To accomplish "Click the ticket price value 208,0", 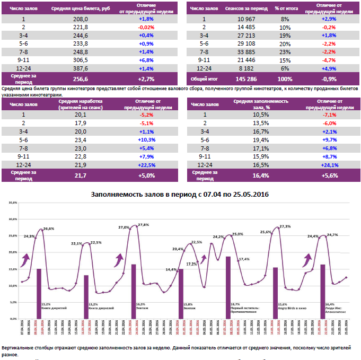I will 80,19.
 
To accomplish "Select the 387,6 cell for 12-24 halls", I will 81,68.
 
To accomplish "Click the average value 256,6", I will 81,78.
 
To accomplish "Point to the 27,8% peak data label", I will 143,225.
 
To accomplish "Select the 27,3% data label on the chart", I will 284,226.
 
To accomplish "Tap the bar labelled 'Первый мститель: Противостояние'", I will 228,287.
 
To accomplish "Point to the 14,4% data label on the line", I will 171,269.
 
